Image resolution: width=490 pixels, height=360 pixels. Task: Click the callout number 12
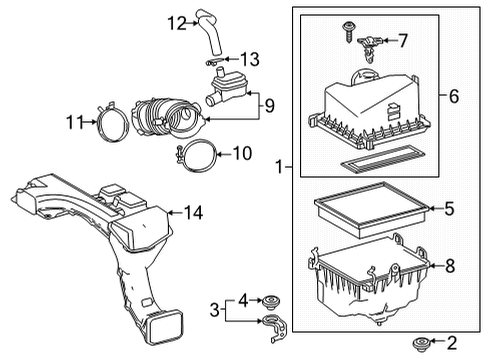coord(177,21)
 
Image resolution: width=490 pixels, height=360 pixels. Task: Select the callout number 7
coord(403,41)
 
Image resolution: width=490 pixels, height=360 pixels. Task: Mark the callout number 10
coord(242,153)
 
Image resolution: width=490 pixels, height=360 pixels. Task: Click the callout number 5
coord(448,209)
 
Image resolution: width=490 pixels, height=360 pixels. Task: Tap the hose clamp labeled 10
coord(195,154)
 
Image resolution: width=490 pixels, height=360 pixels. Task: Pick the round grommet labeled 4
coord(268,299)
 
